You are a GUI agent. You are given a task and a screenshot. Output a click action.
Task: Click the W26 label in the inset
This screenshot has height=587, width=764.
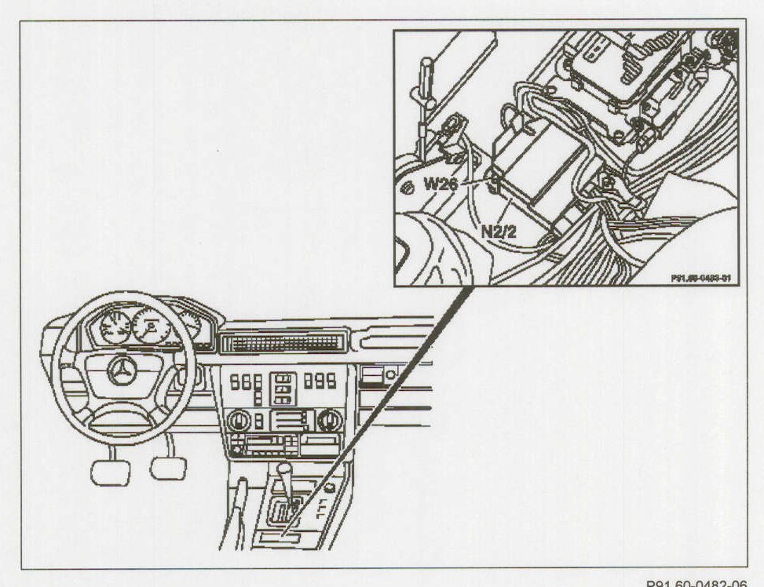tap(442, 184)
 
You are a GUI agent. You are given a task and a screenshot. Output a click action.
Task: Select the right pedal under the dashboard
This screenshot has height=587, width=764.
tap(168, 468)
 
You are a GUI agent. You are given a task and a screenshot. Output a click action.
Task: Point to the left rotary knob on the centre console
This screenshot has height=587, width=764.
tap(238, 420)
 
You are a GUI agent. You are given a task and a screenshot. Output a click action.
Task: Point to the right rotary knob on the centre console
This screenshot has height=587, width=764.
tap(331, 420)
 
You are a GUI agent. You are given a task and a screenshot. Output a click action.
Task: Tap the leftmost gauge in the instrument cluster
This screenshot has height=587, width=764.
tap(115, 327)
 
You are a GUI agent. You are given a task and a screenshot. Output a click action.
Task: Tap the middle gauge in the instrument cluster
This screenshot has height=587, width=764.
tap(149, 324)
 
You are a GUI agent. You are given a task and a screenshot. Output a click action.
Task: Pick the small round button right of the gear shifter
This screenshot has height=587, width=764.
tap(331, 487)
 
